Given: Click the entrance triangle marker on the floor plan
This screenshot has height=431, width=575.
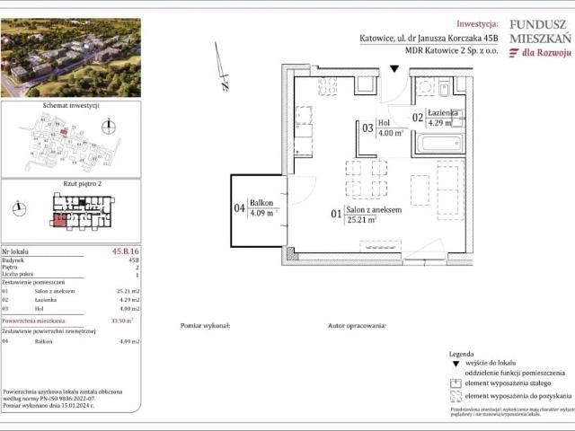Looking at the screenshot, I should [x=394, y=69].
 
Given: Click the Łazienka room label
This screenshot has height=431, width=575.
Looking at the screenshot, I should [x=445, y=112].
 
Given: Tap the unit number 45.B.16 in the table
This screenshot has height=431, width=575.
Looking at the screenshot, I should [x=124, y=252].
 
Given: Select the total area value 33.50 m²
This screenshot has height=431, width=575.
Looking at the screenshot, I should [x=121, y=320].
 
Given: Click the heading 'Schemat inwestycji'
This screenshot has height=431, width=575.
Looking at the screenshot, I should [x=69, y=106].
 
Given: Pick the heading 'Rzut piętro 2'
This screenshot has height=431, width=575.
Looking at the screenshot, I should [x=69, y=183].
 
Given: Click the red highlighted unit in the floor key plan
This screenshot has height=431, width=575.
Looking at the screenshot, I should [x=60, y=220].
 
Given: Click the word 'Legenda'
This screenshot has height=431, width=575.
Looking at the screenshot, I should [x=461, y=354].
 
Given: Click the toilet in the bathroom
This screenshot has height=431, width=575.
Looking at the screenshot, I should [x=445, y=87].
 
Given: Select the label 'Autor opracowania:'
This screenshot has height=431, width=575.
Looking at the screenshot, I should [x=357, y=326].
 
